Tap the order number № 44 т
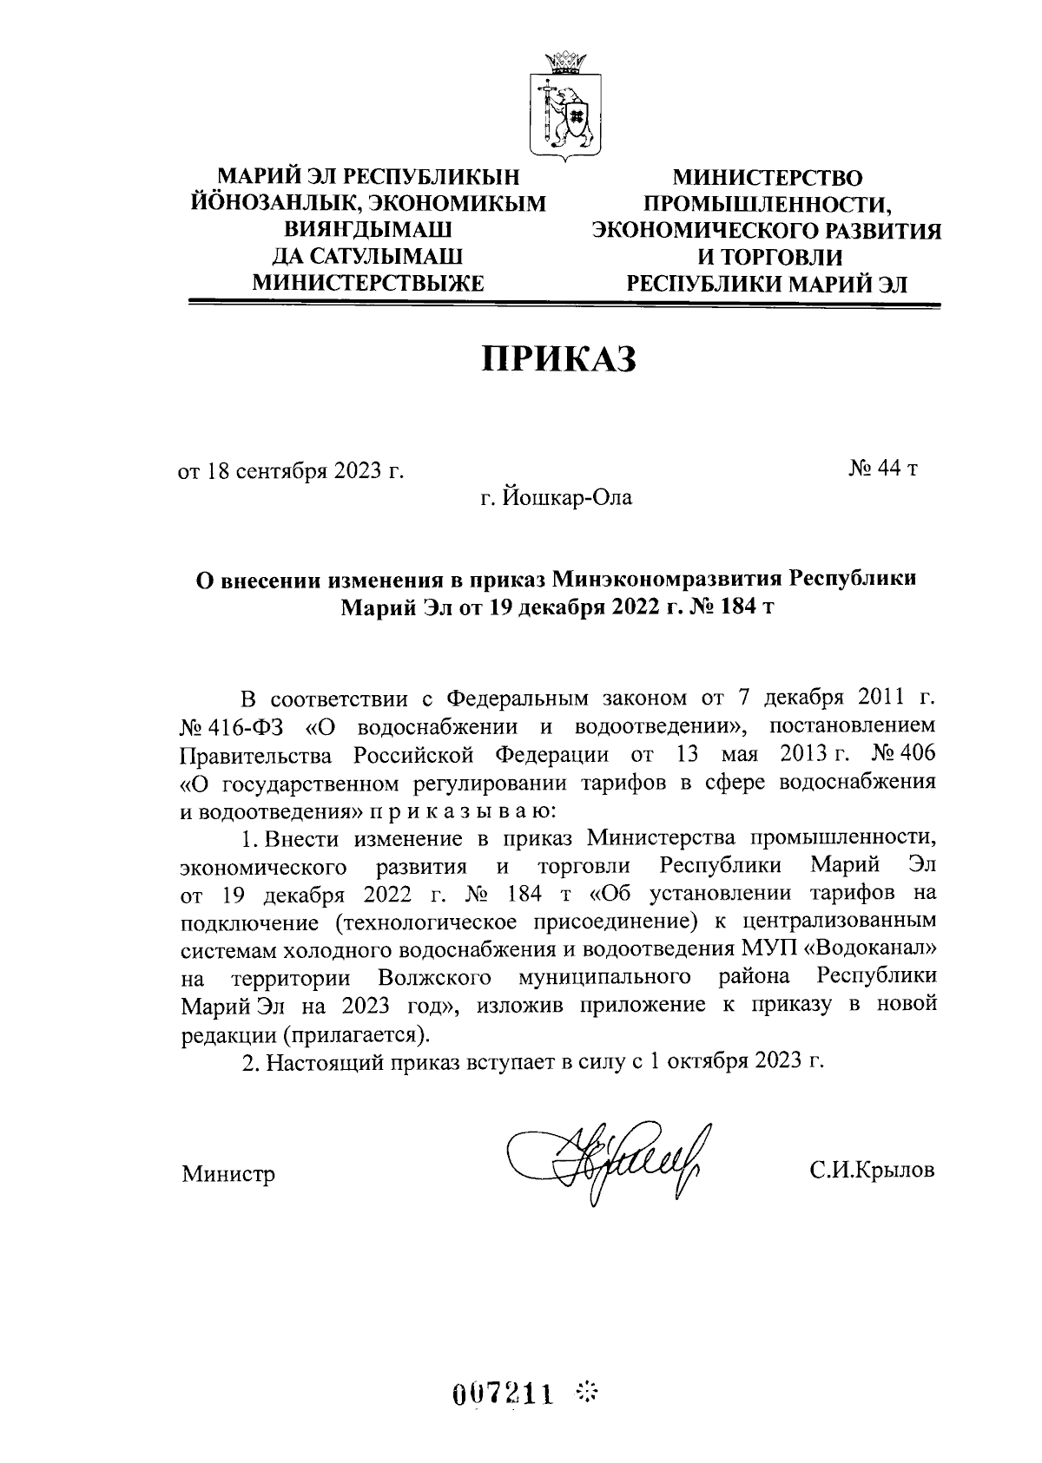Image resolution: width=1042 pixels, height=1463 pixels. [882, 469]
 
